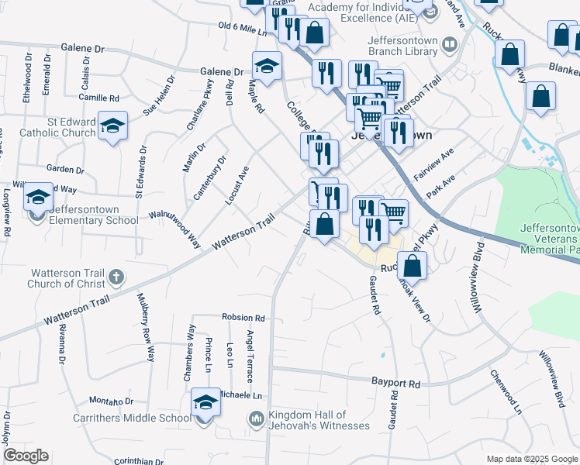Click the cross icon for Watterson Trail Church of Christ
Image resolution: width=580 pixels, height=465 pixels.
(x=116, y=277)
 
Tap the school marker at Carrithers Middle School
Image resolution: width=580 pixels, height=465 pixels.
(x=205, y=405)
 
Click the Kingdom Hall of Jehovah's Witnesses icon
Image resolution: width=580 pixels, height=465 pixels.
(x=256, y=420)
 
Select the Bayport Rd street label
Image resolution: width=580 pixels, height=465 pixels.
(x=395, y=384)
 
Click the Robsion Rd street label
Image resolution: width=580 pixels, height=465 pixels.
(x=243, y=318)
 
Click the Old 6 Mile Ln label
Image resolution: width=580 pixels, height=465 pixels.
(x=242, y=29)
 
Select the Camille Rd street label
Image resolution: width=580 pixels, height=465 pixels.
(x=99, y=98)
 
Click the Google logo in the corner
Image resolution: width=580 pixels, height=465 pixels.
(x=25, y=456)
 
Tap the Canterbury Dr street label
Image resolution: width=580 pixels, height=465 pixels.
(x=209, y=177)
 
